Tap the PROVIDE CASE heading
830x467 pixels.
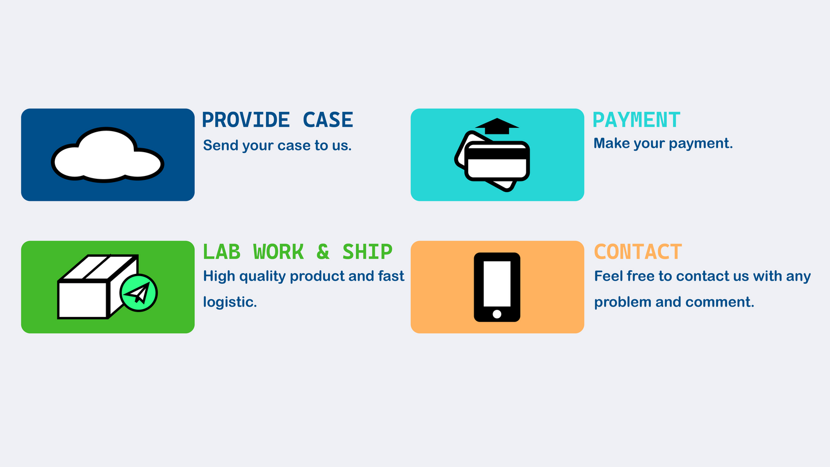278,120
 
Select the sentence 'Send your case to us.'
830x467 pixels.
277,146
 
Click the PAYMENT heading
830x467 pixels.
636,120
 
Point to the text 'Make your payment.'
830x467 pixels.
663,143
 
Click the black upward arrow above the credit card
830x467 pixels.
497,126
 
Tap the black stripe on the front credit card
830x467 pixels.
497,154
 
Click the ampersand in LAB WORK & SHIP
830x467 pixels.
323,252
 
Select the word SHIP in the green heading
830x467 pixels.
367,252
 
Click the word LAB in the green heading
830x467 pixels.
221,252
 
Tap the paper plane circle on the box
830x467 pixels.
138,293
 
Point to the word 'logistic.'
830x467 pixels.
230,302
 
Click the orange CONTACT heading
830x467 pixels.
637,252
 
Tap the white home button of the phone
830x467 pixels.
497,314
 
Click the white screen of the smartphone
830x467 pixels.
497,283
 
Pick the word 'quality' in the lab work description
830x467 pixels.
262,277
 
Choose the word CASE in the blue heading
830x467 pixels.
328,120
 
